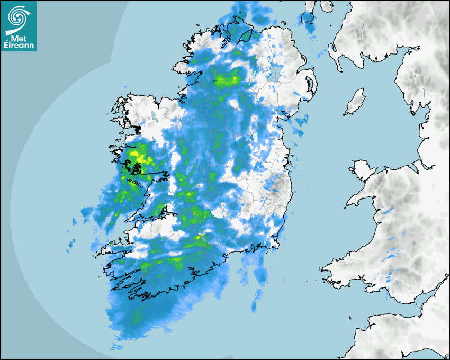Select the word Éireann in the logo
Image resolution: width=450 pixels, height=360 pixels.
point(19,46)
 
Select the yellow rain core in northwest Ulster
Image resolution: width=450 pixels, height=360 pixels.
point(228,80)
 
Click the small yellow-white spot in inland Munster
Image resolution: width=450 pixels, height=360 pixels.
point(200,237)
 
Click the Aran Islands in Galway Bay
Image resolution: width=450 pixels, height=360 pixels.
point(136,182)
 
